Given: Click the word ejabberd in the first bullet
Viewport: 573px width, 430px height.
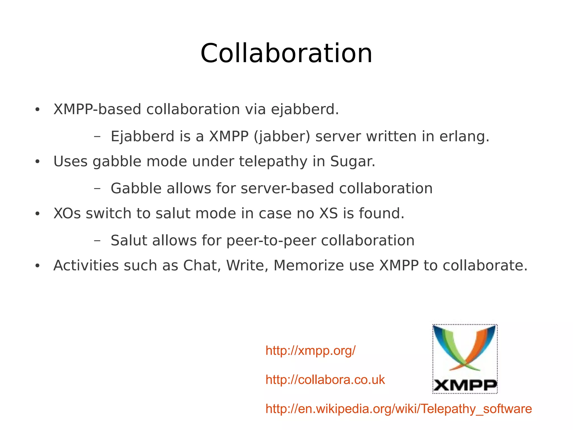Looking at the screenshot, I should [304, 109].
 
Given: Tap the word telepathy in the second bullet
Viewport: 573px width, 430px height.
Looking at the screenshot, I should [273, 162].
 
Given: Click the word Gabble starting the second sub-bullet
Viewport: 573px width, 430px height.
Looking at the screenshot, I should [136, 188].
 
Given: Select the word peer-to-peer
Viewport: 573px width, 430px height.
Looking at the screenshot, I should [271, 241].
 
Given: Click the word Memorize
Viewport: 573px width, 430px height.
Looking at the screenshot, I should [309, 265].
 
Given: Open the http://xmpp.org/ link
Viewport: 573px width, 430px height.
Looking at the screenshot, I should [311, 351].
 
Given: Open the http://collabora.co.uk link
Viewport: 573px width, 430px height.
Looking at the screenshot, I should [325, 380].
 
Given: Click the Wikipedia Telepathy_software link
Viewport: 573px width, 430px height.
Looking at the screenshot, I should [398, 409].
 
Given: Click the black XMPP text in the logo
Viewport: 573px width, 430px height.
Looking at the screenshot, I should [465, 385].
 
